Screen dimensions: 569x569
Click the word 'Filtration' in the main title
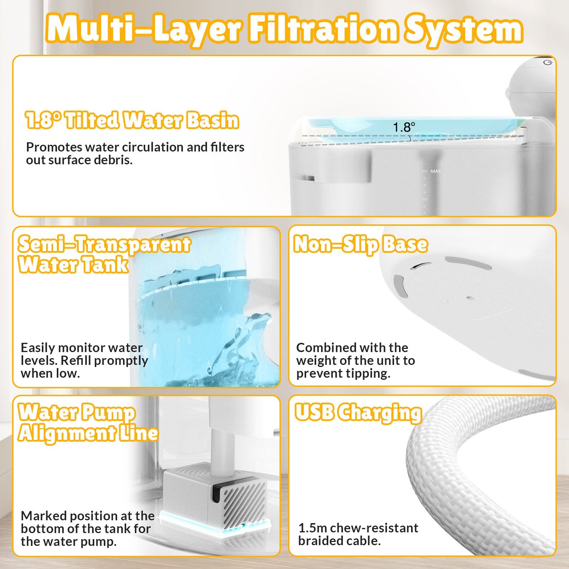[x=324, y=28]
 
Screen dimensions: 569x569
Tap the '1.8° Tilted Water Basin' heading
[x=132, y=120]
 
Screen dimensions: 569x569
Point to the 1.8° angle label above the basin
[x=404, y=127]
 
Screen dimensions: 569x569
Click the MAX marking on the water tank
[x=436, y=171]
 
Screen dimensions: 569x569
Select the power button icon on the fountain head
[x=547, y=63]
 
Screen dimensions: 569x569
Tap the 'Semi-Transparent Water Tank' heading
[x=104, y=254]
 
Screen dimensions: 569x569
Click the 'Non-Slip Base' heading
[x=361, y=245]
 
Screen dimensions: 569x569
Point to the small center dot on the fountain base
[x=470, y=298]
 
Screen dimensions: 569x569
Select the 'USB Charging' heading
[x=358, y=413]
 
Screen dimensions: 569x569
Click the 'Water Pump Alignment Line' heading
[x=88, y=422]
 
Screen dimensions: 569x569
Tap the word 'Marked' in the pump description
[x=43, y=516]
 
